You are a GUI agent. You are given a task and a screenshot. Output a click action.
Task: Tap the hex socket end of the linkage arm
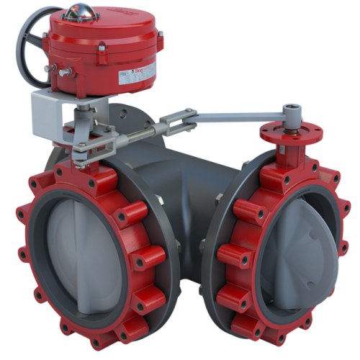coord(291,109)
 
